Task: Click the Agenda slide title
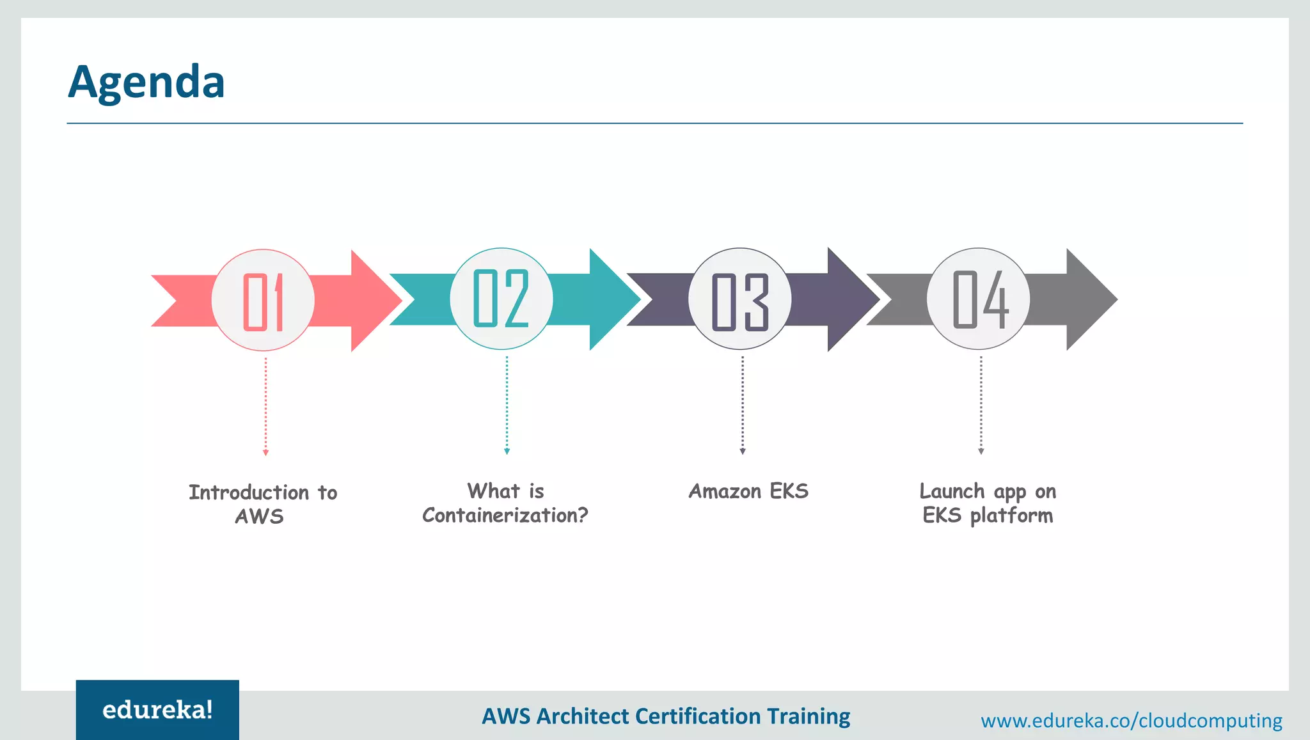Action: click(x=146, y=82)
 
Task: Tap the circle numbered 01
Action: click(x=263, y=300)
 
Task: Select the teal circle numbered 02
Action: click(x=501, y=299)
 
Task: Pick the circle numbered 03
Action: click(x=740, y=299)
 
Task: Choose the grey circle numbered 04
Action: click(x=979, y=299)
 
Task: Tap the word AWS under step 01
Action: click(x=259, y=516)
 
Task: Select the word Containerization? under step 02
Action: click(x=505, y=516)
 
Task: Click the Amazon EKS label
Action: click(x=748, y=491)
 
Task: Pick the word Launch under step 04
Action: click(x=952, y=491)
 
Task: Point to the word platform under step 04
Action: click(x=1011, y=516)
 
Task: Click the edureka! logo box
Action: click(x=157, y=710)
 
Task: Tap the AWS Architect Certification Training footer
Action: click(x=666, y=716)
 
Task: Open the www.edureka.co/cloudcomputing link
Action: click(x=1131, y=721)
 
